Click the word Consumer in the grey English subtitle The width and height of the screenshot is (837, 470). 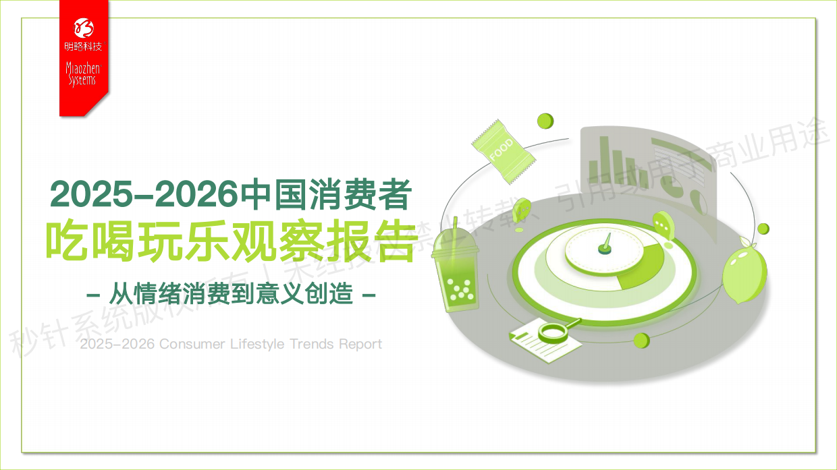pos(192,344)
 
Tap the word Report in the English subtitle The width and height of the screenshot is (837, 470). pos(360,344)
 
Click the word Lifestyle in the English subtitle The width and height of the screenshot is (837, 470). pos(257,344)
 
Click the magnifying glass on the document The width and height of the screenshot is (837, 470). pos(554,331)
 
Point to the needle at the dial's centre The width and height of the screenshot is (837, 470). pos(607,242)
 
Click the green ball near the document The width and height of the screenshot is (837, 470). pos(642,340)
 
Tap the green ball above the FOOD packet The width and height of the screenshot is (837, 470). pos(545,121)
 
